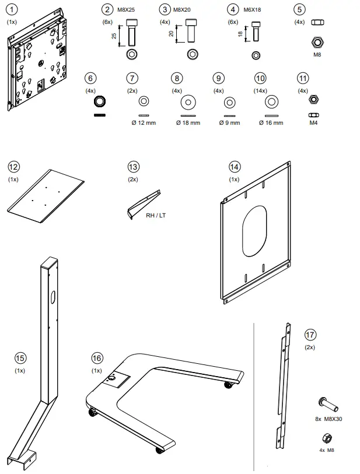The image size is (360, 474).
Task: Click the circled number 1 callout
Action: (x=12, y=9)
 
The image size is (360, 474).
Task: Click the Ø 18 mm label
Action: (x=188, y=123)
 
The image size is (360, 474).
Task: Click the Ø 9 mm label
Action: (x=229, y=123)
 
